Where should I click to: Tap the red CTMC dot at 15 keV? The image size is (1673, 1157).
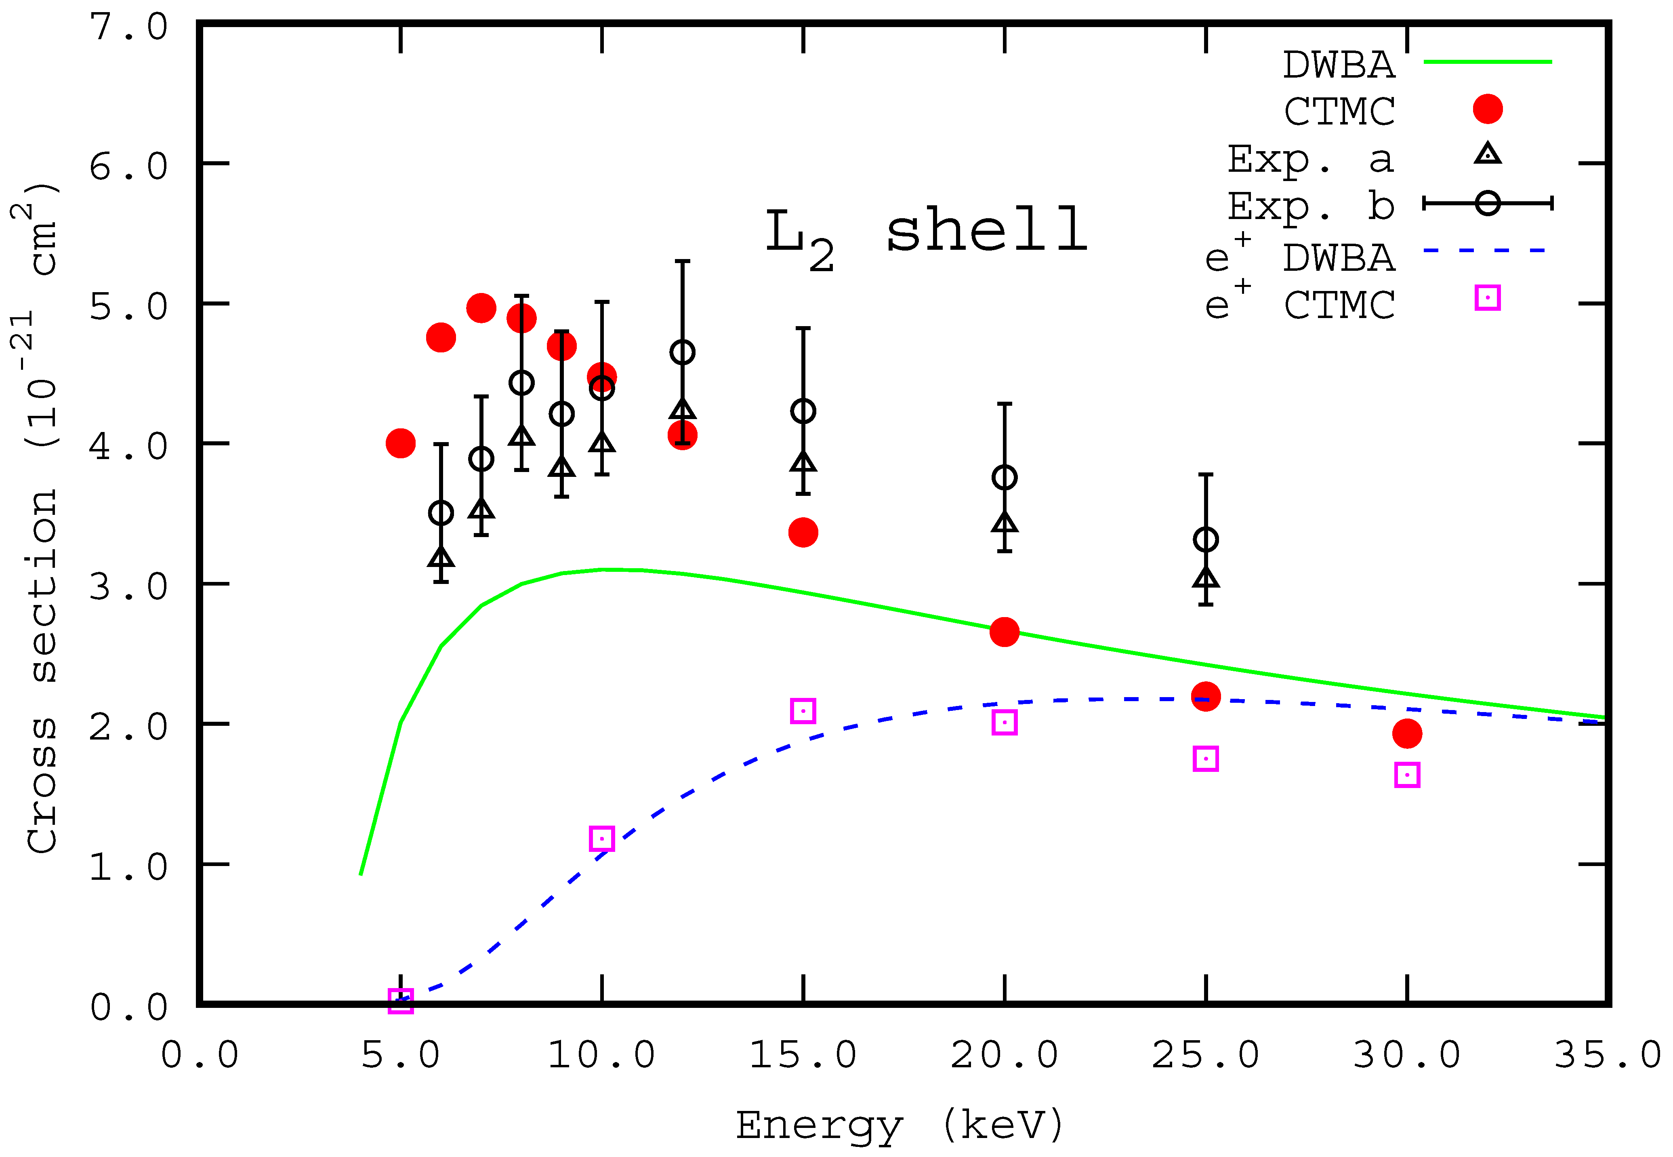(803, 533)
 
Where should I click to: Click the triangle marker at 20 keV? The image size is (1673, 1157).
(1004, 523)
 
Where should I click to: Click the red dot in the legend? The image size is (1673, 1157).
(1488, 109)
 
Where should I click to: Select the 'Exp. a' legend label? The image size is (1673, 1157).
(1310, 160)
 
